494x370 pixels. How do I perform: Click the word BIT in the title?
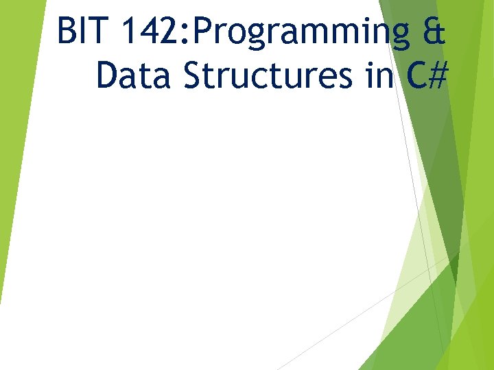(x=80, y=32)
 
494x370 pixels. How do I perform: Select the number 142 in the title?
(x=148, y=32)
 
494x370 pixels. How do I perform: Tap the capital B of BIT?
(x=67, y=32)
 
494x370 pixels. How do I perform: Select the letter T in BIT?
(x=96, y=32)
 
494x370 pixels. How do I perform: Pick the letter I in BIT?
(x=82, y=32)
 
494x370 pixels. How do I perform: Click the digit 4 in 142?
(x=148, y=32)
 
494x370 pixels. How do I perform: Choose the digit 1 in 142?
(x=128, y=32)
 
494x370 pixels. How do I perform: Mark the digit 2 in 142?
(x=168, y=32)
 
